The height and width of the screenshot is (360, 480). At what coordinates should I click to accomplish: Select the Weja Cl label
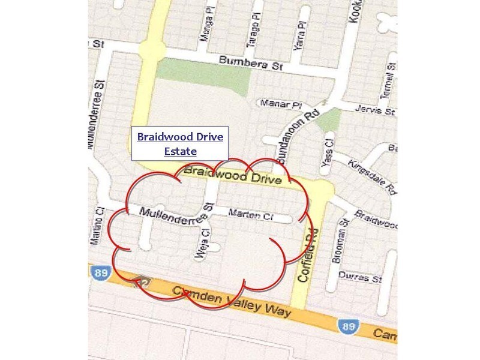point(202,245)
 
